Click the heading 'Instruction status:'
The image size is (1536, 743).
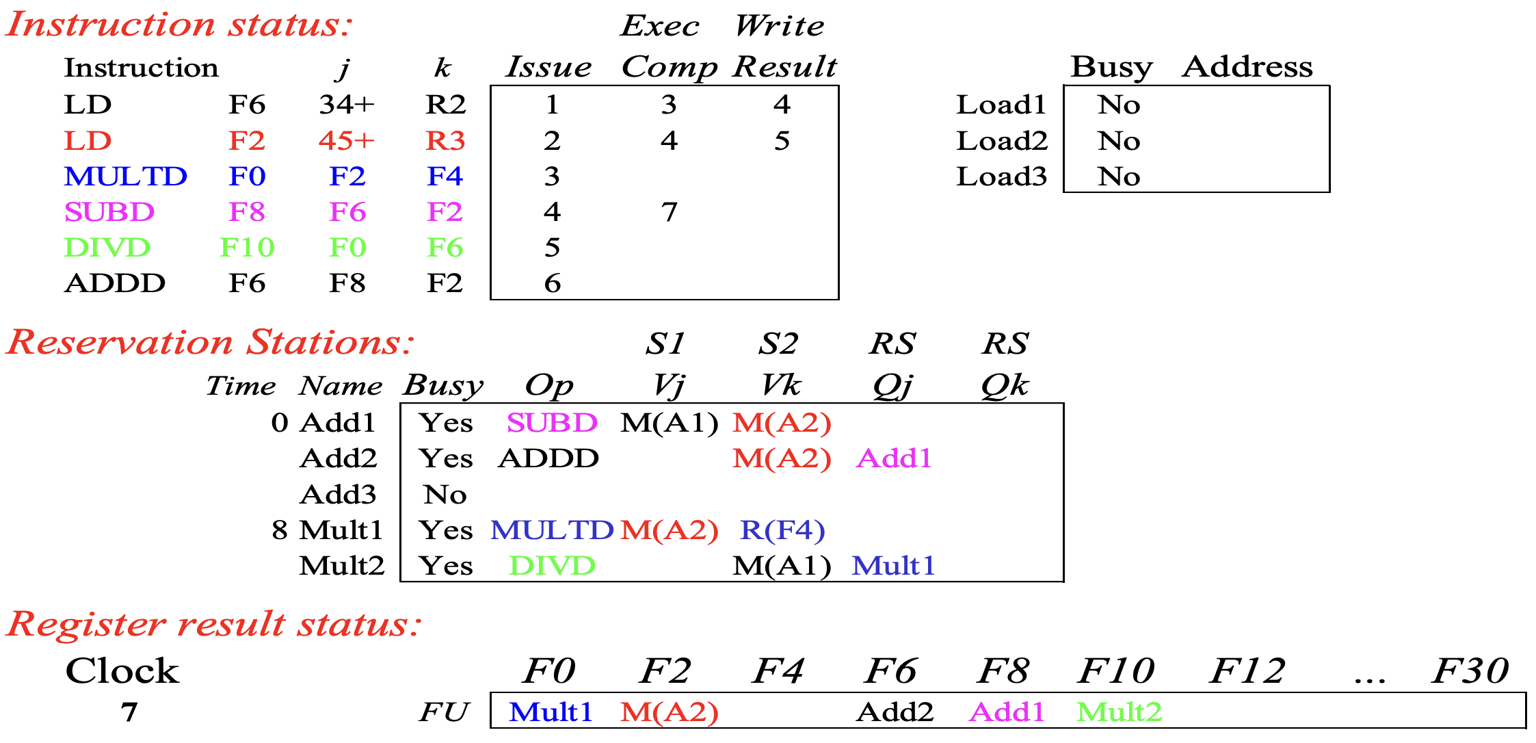[179, 25]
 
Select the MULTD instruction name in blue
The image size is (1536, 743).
[126, 177]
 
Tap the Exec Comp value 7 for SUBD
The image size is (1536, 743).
[669, 212]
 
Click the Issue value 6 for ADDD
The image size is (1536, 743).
[553, 283]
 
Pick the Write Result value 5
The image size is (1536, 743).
[782, 141]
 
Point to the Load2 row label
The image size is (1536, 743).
[1002, 141]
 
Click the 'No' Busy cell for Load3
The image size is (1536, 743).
[1119, 177]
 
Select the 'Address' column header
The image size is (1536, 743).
[1248, 67]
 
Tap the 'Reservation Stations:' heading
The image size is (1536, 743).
[211, 342]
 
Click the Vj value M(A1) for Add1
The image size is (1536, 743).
[670, 423]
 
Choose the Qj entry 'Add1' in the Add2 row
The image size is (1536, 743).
[894, 458]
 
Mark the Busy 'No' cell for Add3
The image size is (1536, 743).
[445, 495]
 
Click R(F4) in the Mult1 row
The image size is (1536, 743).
[782, 530]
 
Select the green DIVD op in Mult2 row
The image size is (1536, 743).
[553, 566]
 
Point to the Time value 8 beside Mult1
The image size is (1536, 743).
[280, 530]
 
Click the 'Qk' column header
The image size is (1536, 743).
[1005, 386]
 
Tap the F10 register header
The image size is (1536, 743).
[1116, 670]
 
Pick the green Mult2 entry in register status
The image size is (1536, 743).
[1120, 712]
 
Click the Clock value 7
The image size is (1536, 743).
[129, 712]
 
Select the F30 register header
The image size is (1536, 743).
[1470, 670]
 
